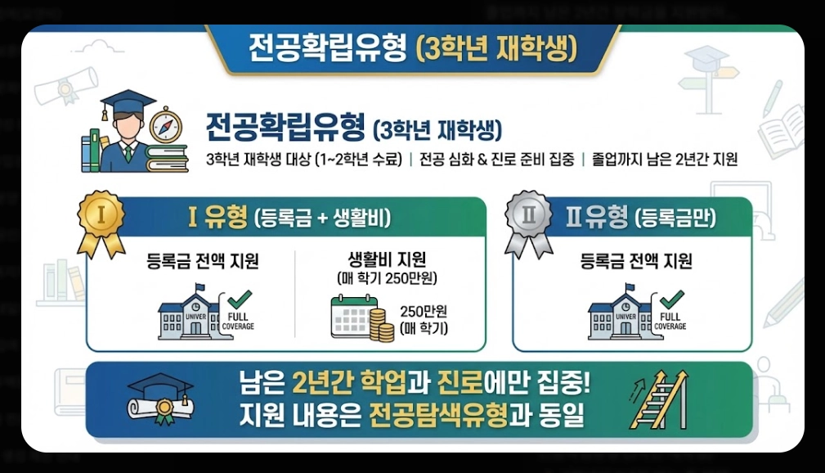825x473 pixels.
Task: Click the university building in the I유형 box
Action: click(191, 313)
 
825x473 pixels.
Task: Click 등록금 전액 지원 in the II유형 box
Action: click(635, 262)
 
